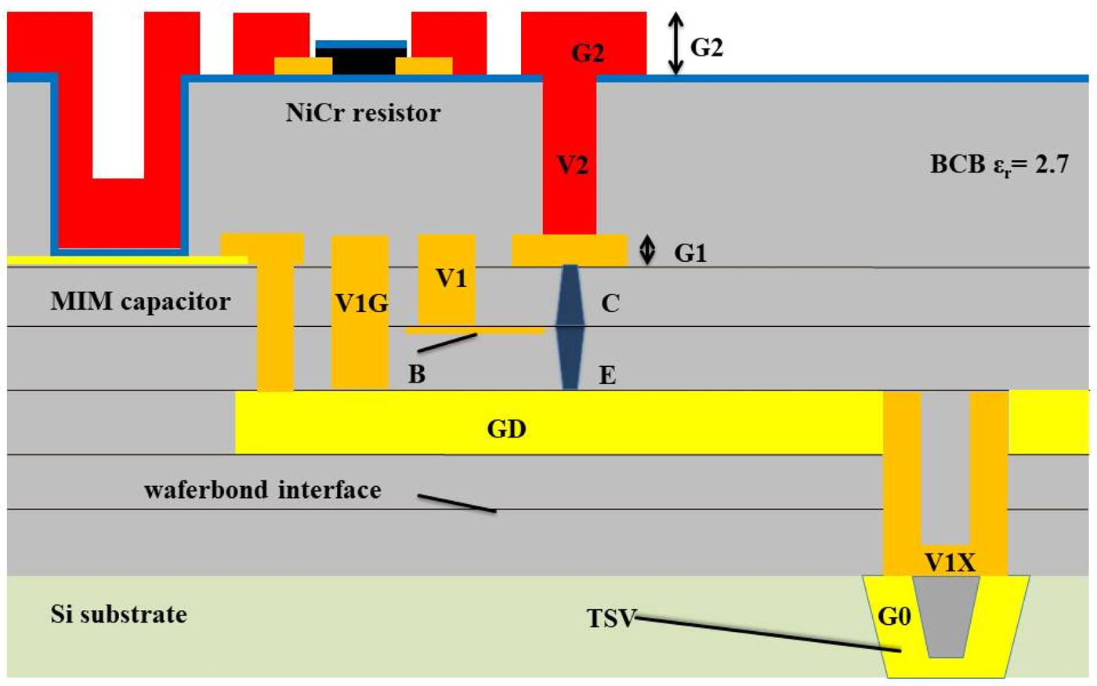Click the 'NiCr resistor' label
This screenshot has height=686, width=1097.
(363, 113)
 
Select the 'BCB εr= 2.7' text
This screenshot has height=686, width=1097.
(999, 165)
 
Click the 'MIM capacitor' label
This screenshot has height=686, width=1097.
(140, 301)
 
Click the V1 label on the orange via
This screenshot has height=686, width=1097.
(451, 278)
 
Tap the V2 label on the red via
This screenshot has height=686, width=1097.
(571, 165)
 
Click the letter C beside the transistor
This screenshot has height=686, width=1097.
(610, 303)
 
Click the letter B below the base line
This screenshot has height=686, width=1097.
(417, 375)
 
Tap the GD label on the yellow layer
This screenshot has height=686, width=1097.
(506, 430)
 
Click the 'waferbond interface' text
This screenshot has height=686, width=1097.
(262, 490)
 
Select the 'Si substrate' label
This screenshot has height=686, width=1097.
(119, 613)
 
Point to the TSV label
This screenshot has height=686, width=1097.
(611, 619)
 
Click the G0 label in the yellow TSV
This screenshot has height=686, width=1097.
(894, 617)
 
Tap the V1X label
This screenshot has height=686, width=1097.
(950, 562)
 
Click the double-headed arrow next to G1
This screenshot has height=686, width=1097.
(647, 250)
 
